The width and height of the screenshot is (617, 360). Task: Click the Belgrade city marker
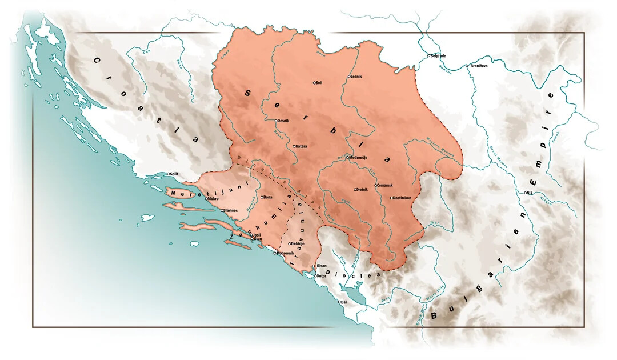coord(428,56)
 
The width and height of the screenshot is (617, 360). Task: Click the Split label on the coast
coord(174,174)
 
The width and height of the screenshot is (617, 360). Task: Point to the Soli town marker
coord(314,83)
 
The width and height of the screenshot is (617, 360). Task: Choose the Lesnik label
coord(356,77)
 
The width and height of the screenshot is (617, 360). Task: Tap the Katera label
coord(302,146)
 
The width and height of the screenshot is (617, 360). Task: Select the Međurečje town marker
coord(347,157)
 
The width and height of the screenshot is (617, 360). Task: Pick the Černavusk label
coord(386,185)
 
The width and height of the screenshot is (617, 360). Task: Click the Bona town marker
coord(262,197)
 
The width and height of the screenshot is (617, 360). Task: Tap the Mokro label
coord(213,199)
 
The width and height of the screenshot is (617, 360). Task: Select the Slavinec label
coord(231,211)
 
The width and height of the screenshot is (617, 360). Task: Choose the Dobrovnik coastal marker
coord(275,253)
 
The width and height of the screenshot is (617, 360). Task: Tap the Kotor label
coord(320,276)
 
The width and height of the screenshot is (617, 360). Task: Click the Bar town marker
coord(339,302)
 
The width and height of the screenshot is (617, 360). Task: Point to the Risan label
coord(322,266)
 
